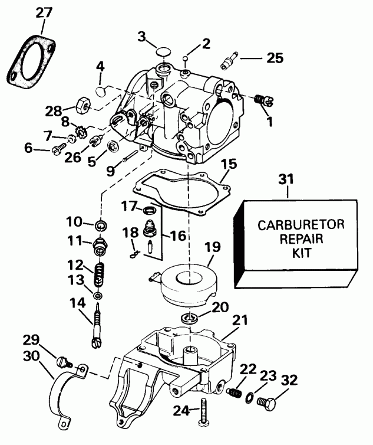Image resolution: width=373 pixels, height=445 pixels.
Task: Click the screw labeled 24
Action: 204,411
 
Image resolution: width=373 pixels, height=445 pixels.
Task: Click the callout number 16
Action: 178,235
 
